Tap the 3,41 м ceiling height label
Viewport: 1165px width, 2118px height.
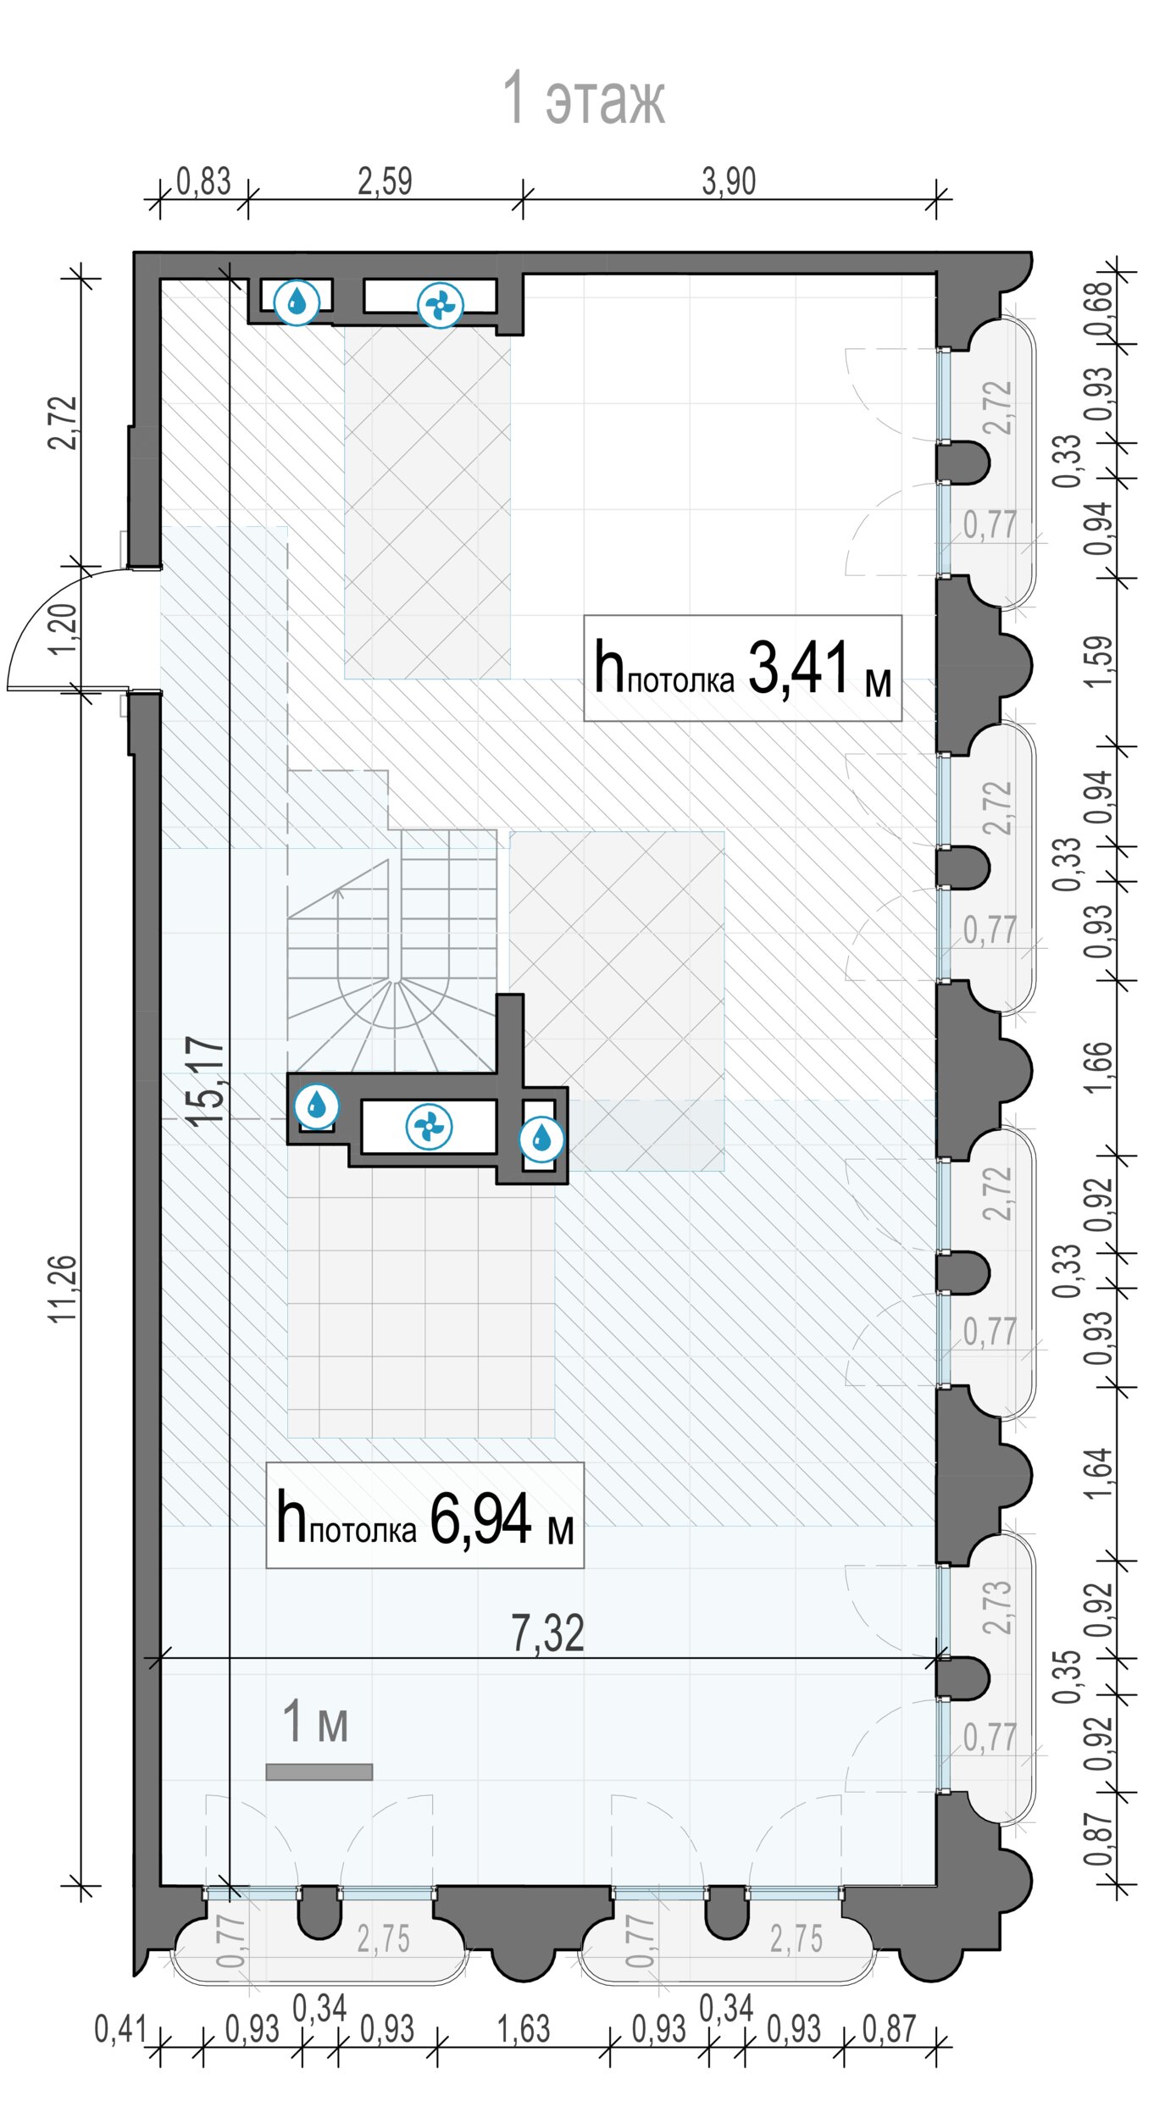pyautogui.click(x=742, y=668)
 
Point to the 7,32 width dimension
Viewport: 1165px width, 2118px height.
pyautogui.click(x=547, y=1634)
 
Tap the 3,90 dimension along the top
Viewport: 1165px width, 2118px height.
pyautogui.click(x=729, y=181)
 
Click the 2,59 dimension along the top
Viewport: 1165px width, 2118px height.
pyautogui.click(x=385, y=181)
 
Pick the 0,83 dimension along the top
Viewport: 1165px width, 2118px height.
pyautogui.click(x=203, y=181)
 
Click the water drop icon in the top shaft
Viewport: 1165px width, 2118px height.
pyautogui.click(x=297, y=301)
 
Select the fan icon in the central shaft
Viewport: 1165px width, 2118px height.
pyautogui.click(x=429, y=1127)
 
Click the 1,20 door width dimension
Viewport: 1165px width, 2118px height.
pyautogui.click(x=64, y=629)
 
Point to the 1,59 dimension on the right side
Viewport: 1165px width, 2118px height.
pyautogui.click(x=1097, y=662)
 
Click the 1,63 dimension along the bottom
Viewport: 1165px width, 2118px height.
pyautogui.click(x=524, y=2030)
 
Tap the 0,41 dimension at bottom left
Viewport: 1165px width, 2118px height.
pyautogui.click(x=120, y=2030)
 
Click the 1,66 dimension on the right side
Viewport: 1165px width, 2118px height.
pyautogui.click(x=1097, y=1067)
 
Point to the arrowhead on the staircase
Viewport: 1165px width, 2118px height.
pyautogui.click(x=338, y=891)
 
